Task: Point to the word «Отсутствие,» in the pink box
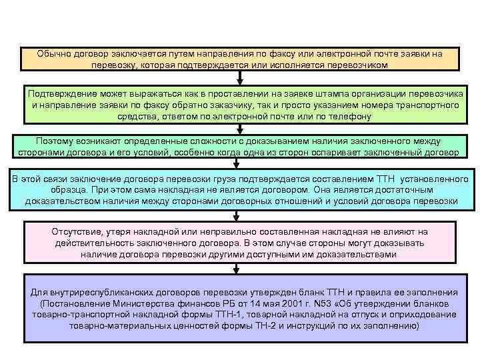pyautogui.click(x=79, y=231)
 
